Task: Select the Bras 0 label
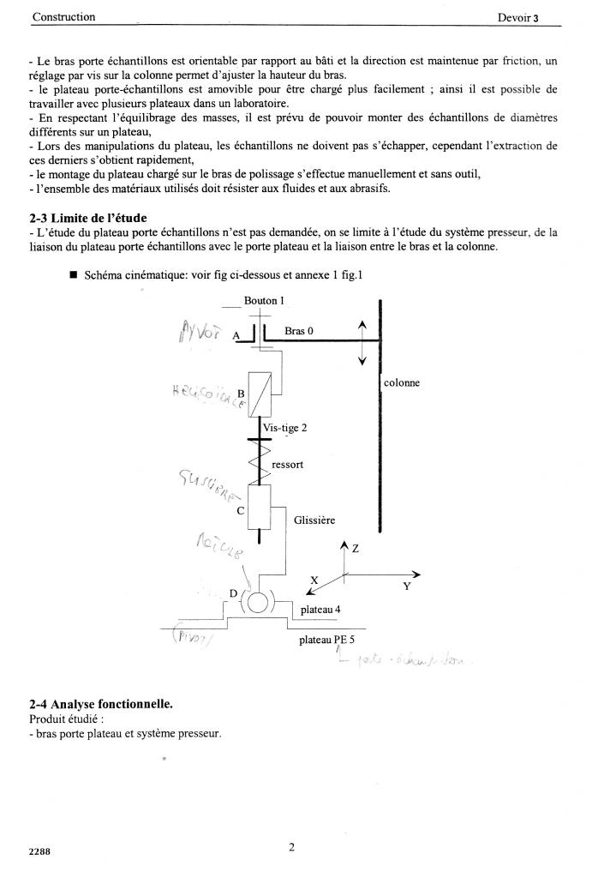pos(300,331)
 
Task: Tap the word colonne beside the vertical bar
pos(402,383)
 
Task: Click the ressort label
pos(287,464)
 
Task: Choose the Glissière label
pos(314,520)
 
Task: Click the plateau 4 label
pos(320,610)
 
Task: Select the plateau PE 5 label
pos(326,640)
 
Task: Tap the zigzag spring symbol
pos(260,460)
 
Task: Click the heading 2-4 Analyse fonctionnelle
pos(100,705)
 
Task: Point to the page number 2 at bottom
pos(292,849)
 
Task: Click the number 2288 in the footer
pos(40,851)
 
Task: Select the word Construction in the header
pos(63,17)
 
